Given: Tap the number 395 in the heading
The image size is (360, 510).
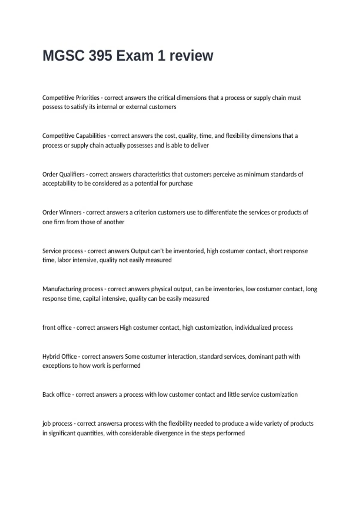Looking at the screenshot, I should click(100, 56).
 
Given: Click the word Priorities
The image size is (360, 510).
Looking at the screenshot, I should click(87, 98).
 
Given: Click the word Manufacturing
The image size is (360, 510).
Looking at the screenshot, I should click(62, 289).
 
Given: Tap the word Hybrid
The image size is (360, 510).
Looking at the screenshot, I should click(51, 356).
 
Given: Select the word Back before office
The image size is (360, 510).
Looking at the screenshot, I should click(48, 394).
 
